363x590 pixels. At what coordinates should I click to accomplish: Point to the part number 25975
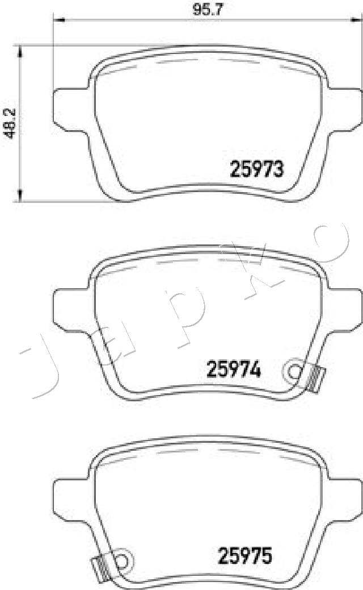point(245,555)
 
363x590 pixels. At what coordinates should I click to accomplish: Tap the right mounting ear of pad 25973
point(341,107)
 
